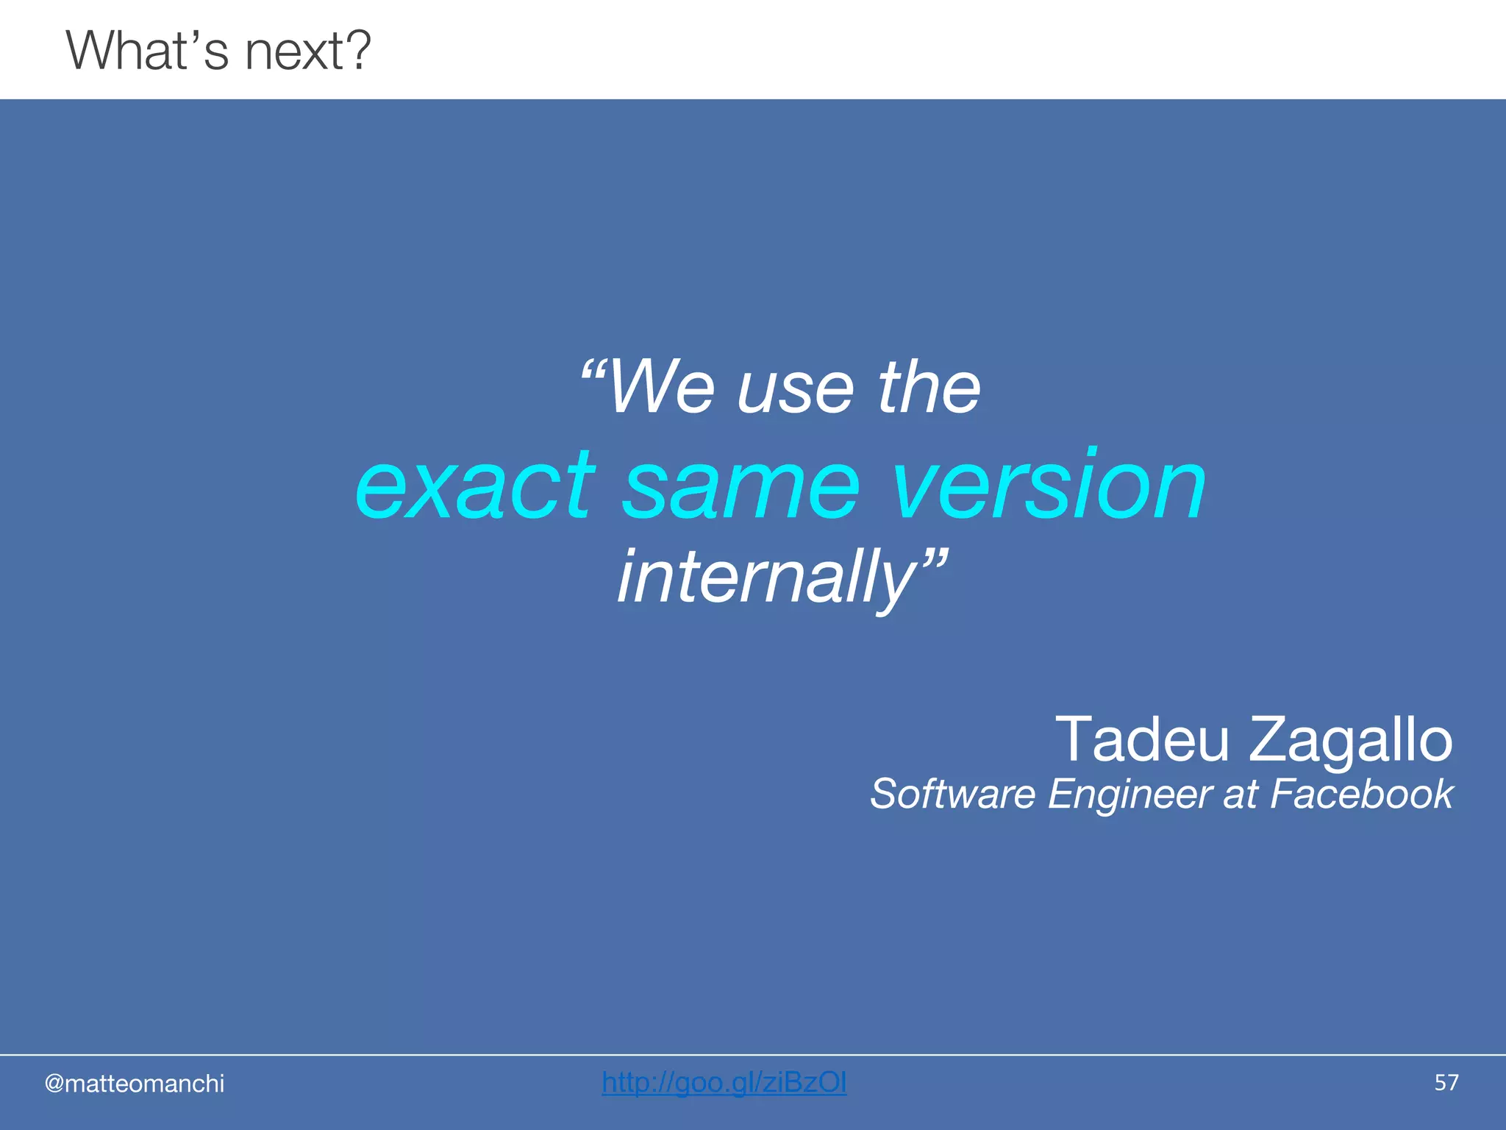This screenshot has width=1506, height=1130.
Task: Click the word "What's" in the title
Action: click(147, 51)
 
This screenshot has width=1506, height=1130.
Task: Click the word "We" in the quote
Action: click(661, 388)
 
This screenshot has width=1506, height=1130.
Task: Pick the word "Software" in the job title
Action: click(953, 795)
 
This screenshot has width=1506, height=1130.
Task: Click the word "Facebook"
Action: click(1361, 795)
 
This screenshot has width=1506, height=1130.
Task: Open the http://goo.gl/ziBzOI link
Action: click(724, 1083)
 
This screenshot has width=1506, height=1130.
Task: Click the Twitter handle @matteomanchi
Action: click(135, 1084)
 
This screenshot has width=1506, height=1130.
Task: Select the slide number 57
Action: click(1446, 1083)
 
